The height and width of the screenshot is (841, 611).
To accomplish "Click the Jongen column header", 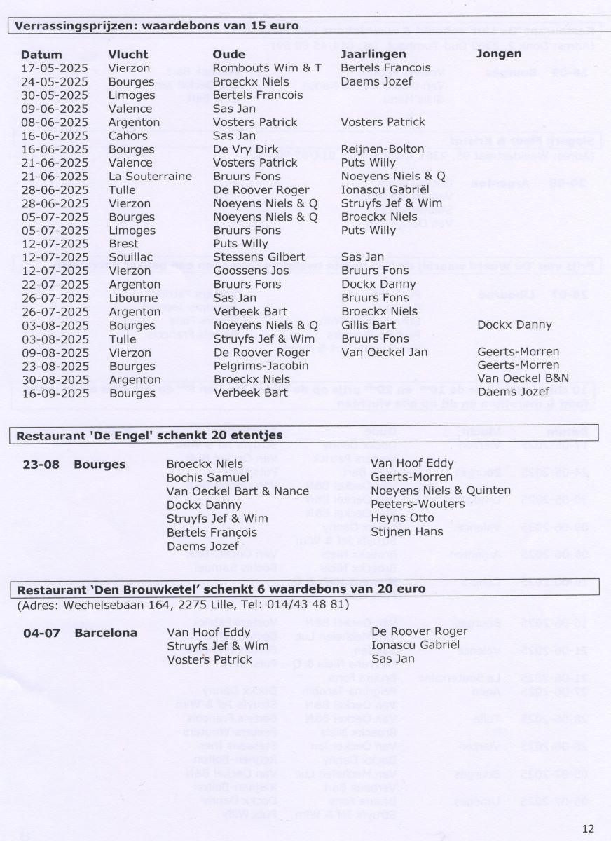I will [x=498, y=54].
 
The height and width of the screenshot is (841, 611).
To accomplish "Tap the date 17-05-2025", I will [x=55, y=68].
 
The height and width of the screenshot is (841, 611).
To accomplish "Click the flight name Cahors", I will [x=128, y=135].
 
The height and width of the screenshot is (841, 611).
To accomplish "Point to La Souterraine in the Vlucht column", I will [x=150, y=176].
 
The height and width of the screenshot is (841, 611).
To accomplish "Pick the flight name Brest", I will [x=124, y=244].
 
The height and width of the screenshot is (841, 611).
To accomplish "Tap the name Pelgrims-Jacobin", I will [x=261, y=366].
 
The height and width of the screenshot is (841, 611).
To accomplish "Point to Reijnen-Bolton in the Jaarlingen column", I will [x=382, y=149].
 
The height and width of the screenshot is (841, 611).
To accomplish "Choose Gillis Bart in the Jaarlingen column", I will [x=369, y=325].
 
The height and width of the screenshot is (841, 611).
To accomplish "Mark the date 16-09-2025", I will [x=55, y=393].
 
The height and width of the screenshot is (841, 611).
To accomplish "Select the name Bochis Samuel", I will [x=208, y=477].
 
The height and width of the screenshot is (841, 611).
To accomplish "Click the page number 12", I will [x=588, y=828].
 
